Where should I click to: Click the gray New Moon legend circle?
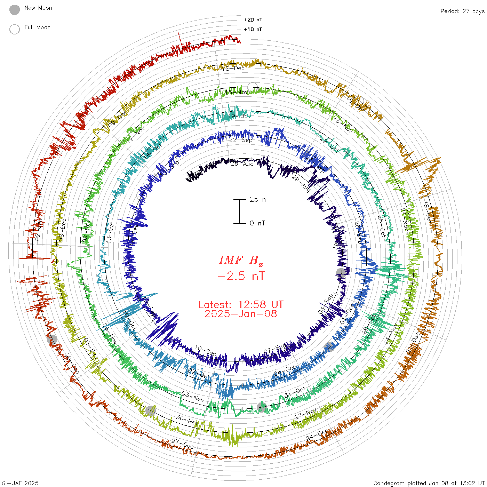click(15, 10)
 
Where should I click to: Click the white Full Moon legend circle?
click(15, 29)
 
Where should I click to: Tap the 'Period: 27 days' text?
click(462, 11)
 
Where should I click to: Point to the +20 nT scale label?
click(253, 20)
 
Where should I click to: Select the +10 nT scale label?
click(253, 29)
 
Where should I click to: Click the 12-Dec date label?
click(233, 68)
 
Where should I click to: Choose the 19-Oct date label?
click(240, 115)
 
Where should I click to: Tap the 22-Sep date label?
click(241, 140)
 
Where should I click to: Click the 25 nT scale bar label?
click(260, 199)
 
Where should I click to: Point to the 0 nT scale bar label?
click(257, 223)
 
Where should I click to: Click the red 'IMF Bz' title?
click(241, 260)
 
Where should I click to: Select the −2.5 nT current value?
click(241, 276)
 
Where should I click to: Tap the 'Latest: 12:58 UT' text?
click(241, 304)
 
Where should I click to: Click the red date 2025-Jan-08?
click(241, 314)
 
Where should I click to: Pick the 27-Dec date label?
click(183, 444)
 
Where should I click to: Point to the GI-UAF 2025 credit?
click(20, 483)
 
